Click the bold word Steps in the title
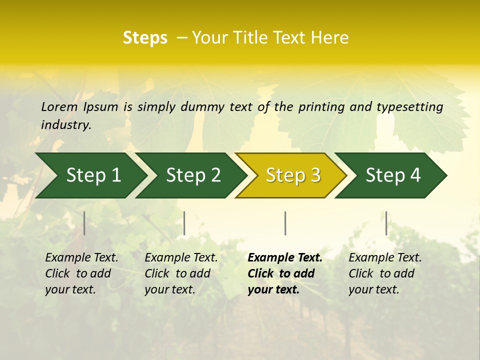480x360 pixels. [145, 38]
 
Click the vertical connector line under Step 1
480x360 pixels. [84, 223]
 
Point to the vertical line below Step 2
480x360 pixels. [184, 223]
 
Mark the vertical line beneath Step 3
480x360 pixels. [285, 223]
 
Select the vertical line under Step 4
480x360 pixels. [386, 223]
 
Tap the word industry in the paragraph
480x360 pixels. [65, 125]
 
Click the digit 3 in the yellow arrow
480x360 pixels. [315, 175]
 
